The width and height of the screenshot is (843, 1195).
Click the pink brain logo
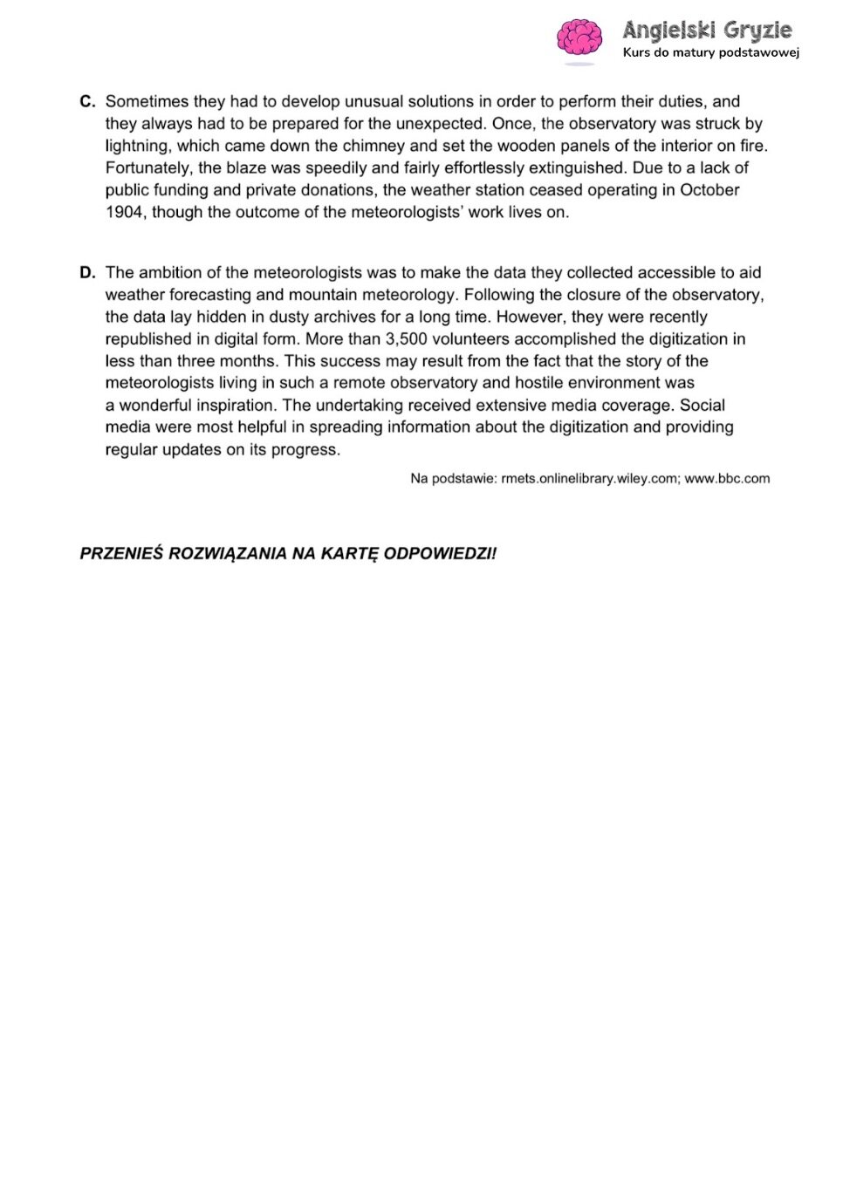click(x=579, y=39)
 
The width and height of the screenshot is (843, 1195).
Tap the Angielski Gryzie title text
click(x=707, y=31)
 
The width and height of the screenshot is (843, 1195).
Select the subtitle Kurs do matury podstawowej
click(x=710, y=52)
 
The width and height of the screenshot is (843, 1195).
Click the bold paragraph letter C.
click(x=86, y=101)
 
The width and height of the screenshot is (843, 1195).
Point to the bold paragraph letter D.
click(x=86, y=272)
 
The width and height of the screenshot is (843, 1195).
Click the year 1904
click(x=124, y=212)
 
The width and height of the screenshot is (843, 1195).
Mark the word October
click(x=709, y=190)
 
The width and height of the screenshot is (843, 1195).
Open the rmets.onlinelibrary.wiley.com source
click(x=590, y=479)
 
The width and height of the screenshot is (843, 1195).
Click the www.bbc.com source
click(x=727, y=479)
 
